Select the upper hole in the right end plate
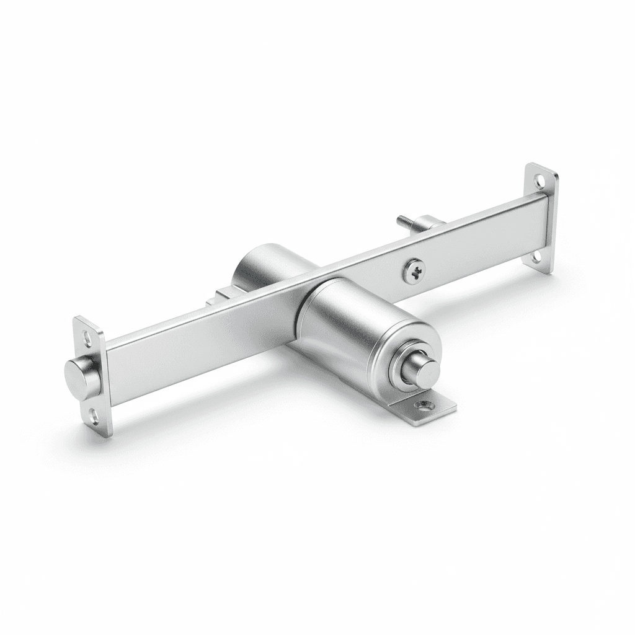tap(540, 180)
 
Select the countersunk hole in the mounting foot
tap(424, 406)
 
